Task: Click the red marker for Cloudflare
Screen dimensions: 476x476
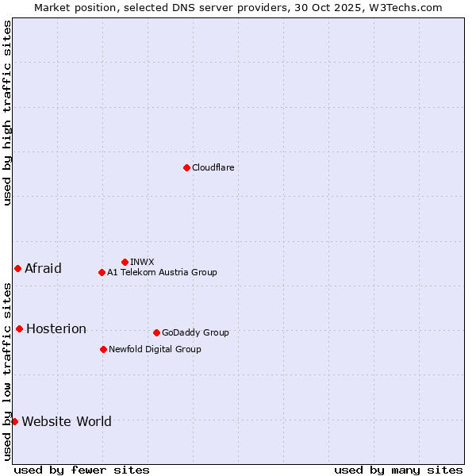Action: [186, 167]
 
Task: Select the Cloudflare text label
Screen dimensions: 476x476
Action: [213, 167]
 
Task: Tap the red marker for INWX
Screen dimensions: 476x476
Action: [125, 262]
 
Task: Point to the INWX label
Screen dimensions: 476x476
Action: [142, 262]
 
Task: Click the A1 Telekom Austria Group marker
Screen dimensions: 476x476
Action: [102, 272]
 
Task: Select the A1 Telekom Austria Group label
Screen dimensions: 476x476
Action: [162, 272]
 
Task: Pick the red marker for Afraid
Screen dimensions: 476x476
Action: [17, 268]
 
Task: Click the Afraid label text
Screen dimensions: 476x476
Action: [43, 268]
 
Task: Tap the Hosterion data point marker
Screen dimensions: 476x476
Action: [19, 328]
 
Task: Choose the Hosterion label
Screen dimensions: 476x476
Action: [56, 328]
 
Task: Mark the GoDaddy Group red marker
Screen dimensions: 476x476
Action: [156, 332]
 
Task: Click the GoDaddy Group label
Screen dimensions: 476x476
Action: [195, 332]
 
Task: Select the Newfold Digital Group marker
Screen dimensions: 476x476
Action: [103, 349]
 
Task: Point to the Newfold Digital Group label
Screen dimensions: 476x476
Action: [155, 349]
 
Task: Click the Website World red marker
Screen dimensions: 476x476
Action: [14, 421]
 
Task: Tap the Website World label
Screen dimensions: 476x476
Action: [67, 421]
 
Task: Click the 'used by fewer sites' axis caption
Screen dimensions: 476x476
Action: [82, 470]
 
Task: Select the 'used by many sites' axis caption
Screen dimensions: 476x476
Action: [398, 470]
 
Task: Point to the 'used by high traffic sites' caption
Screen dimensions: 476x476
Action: [7, 113]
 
